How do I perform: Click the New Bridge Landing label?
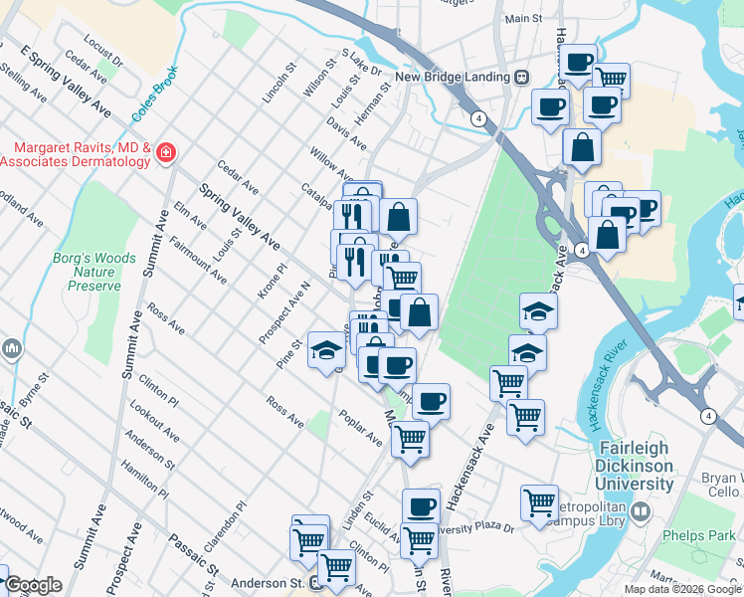[453, 77]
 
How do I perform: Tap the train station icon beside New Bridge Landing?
[520, 77]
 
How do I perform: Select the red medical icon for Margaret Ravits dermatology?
[166, 153]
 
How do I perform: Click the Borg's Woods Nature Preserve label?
[93, 272]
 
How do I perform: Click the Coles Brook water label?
[153, 95]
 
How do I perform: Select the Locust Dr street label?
[102, 53]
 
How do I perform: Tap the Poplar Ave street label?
[360, 427]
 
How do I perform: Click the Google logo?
[33, 585]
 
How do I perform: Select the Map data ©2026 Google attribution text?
[682, 589]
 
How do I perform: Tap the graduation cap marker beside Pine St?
[325, 350]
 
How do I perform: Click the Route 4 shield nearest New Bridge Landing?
[479, 118]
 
